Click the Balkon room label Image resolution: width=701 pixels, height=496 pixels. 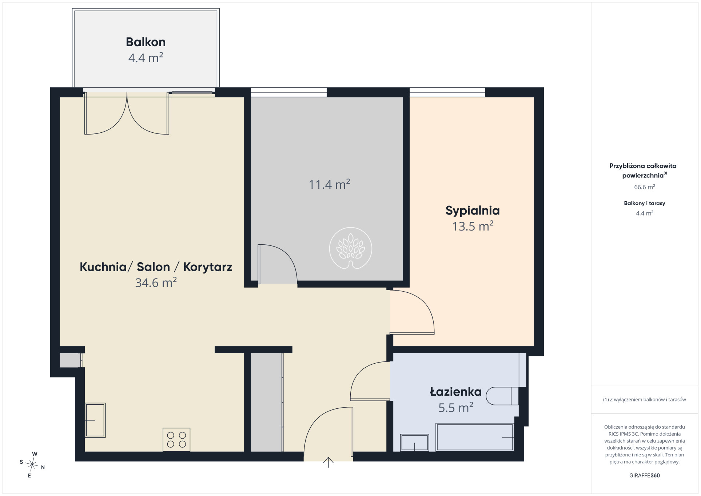(x=146, y=42)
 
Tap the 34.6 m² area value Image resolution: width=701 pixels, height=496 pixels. (x=156, y=283)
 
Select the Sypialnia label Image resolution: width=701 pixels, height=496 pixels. (x=473, y=211)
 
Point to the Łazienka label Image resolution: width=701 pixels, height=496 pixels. (x=455, y=392)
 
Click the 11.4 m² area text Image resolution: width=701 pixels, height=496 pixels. (x=329, y=184)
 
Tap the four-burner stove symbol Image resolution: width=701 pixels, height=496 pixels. (x=176, y=440)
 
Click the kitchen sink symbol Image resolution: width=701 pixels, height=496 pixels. (x=95, y=420)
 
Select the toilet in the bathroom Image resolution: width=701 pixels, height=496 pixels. (x=502, y=396)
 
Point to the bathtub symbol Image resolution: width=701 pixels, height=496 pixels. (x=475, y=437)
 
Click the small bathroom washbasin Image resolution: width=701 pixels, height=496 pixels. (x=414, y=443)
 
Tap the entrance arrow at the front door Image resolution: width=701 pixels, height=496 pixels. (x=328, y=462)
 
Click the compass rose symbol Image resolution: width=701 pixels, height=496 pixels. (x=32, y=464)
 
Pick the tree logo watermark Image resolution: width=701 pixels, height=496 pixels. (x=351, y=248)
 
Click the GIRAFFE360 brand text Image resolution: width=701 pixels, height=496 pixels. (x=644, y=475)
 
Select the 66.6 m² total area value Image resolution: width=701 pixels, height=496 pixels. (x=644, y=187)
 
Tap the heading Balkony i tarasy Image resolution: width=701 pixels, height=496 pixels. (x=644, y=203)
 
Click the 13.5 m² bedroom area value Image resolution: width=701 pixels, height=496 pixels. (x=473, y=226)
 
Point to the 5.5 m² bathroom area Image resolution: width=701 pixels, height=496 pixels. (x=455, y=408)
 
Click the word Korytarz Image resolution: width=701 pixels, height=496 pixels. (x=207, y=267)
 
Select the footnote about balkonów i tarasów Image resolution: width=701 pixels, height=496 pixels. (x=644, y=399)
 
